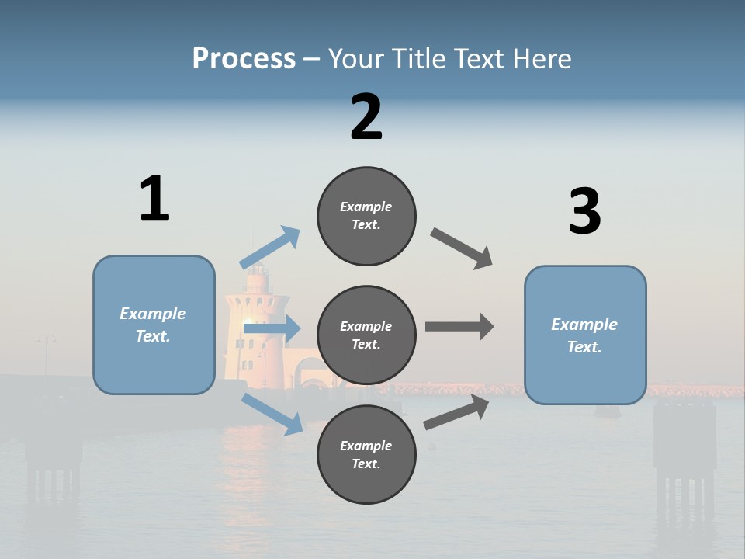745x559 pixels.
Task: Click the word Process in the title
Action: pos(244,58)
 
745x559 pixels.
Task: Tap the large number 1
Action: pos(154,200)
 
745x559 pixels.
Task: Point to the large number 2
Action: pos(366,117)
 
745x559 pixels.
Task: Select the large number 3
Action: pos(584,212)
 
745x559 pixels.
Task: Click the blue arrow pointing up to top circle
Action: pos(270,248)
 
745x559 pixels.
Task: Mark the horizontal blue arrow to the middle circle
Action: pos(272,329)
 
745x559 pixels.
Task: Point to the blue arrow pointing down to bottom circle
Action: pos(272,414)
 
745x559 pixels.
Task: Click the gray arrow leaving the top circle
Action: pos(462,248)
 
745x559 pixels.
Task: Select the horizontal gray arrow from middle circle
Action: pos(459,327)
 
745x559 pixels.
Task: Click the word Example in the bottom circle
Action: pos(366,446)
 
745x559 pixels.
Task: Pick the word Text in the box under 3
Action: pos(584,347)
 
